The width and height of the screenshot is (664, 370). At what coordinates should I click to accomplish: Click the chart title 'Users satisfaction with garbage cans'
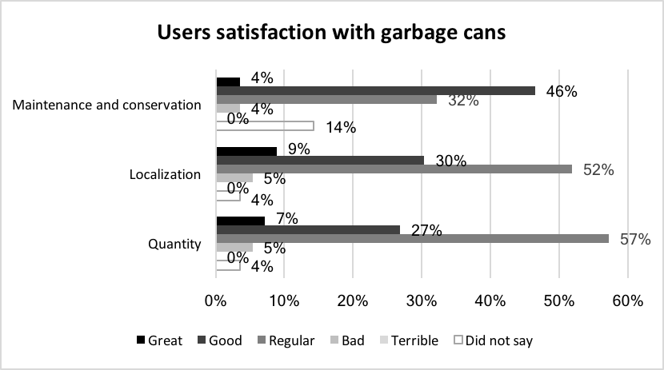[332, 33]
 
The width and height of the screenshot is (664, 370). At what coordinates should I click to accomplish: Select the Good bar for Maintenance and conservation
[375, 90]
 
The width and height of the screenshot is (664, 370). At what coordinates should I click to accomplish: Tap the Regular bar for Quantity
[412, 238]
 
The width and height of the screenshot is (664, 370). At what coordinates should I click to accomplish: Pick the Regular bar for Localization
[394, 169]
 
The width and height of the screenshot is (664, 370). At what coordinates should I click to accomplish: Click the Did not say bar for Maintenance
[265, 125]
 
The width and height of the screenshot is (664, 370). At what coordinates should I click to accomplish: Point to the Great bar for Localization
[246, 150]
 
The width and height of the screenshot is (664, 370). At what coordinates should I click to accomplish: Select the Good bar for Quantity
[308, 229]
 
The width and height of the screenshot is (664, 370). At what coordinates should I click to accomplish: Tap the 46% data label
[561, 91]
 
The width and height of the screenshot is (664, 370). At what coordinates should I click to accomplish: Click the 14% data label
[339, 126]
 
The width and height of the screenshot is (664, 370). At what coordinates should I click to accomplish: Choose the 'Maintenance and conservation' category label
[106, 105]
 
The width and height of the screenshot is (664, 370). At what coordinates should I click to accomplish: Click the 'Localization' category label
[165, 174]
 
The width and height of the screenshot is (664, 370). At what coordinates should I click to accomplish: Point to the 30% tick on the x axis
[422, 301]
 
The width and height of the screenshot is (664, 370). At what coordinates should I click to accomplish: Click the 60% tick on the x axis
[627, 301]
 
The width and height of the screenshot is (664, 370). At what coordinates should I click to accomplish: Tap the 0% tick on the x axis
[216, 301]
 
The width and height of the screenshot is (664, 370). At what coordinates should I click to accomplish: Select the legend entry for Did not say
[494, 341]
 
